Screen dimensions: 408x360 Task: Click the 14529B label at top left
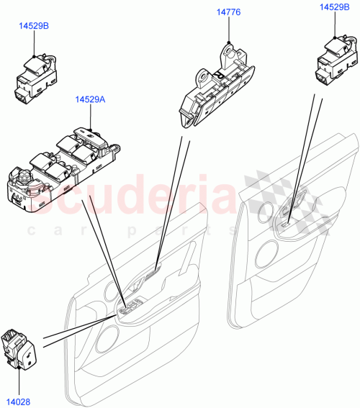pos(34,26)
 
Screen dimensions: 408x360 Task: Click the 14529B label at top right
pos(335,6)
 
